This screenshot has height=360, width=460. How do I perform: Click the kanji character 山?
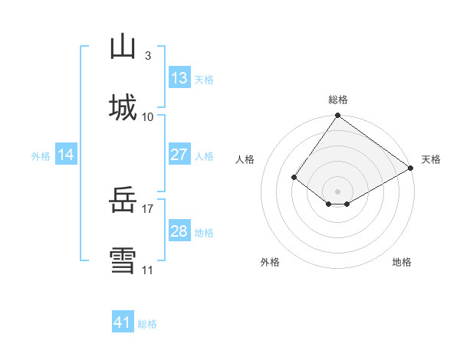(x=123, y=47)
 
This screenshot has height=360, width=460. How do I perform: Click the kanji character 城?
(x=123, y=106)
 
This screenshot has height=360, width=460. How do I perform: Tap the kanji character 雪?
(x=123, y=261)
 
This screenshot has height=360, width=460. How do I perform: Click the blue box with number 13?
(x=179, y=78)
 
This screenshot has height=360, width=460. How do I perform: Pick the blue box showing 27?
(x=179, y=155)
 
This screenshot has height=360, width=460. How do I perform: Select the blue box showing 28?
(x=179, y=231)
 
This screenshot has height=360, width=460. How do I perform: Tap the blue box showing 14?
(x=66, y=155)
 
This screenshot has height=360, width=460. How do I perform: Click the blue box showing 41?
(x=123, y=322)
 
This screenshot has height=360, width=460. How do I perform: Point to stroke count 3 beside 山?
(x=147, y=55)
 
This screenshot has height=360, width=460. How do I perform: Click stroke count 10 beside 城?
(x=148, y=116)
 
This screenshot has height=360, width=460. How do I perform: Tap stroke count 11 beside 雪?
(x=148, y=270)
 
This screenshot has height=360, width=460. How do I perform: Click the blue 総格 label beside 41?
(x=147, y=324)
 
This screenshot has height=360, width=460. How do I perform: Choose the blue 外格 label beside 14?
(x=41, y=156)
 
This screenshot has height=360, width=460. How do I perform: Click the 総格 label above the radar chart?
(x=338, y=100)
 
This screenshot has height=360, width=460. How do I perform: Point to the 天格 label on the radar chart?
(x=431, y=159)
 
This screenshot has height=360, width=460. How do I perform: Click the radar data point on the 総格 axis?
(x=338, y=116)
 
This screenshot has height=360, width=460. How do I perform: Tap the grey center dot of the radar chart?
(x=338, y=191)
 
